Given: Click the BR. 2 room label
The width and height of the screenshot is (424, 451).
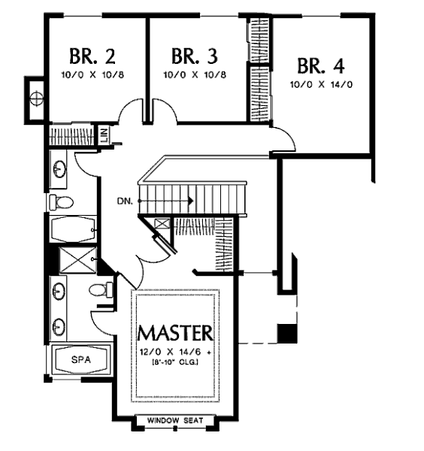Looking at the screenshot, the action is coord(92,56).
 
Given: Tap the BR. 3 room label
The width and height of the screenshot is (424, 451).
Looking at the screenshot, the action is coord(195,56).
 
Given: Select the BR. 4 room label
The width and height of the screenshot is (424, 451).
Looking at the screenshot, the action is coord(321,66).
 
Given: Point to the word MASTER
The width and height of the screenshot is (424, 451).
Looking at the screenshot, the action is coord(175,333).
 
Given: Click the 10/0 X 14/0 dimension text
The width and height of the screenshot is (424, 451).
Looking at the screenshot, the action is coord(321,84).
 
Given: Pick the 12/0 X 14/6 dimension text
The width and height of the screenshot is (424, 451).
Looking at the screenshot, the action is coord(176,352).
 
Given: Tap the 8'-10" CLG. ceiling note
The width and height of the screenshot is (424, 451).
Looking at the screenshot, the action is coord(174,362).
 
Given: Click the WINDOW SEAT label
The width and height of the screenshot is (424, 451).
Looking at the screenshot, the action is coord(175,420).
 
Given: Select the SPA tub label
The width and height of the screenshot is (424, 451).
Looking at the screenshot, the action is coord(81,359).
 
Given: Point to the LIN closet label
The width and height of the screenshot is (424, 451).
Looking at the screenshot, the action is coord(104,135).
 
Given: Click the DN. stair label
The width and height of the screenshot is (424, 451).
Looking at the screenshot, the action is coord(125,201).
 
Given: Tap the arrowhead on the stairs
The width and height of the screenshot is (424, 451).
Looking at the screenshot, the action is coord(190,201).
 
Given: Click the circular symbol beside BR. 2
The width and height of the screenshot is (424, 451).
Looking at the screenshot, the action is coord(37,98).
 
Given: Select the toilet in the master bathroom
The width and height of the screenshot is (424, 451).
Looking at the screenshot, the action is coord(101,289).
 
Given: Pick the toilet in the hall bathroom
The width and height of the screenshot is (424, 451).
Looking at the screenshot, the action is coord(62,202).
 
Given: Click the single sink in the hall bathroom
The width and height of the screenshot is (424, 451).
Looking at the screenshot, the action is coord(60,169).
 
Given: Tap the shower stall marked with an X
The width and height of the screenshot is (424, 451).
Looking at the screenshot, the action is coord(77,259).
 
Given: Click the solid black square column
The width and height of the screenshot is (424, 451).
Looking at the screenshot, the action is coord(287,333).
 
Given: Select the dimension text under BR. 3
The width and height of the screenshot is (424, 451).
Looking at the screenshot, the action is coord(195,74).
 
